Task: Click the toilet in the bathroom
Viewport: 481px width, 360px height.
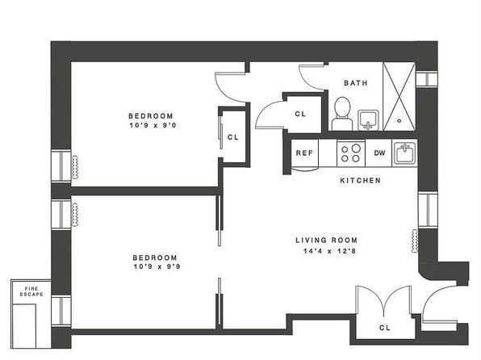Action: coord(342,114)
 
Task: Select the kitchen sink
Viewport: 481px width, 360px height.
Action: coord(404,153)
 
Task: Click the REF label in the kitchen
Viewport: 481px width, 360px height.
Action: coord(304,153)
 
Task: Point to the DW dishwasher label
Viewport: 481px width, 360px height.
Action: coord(379,153)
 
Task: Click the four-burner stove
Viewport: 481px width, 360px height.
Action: coord(351,153)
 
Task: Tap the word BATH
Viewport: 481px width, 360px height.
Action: coord(356,83)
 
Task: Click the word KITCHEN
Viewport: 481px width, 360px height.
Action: coord(361,180)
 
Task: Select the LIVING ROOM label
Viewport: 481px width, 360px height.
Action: coord(326,240)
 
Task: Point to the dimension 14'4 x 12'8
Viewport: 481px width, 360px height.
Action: coord(329,251)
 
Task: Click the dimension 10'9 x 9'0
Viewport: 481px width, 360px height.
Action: coord(153,125)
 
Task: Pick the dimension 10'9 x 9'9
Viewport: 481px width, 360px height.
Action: coord(157,266)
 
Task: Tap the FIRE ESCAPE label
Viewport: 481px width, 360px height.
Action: coord(31,291)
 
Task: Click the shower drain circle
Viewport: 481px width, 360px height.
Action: coord(399,120)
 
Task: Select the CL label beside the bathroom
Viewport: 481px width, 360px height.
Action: coord(300,114)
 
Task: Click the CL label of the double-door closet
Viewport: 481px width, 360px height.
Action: coord(385,328)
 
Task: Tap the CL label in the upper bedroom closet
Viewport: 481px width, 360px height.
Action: coord(232,137)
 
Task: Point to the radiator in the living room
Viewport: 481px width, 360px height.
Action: coord(415,241)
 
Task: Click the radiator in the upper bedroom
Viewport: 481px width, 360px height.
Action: coord(75,167)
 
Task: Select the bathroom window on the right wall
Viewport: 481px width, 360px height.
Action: coord(427,79)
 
